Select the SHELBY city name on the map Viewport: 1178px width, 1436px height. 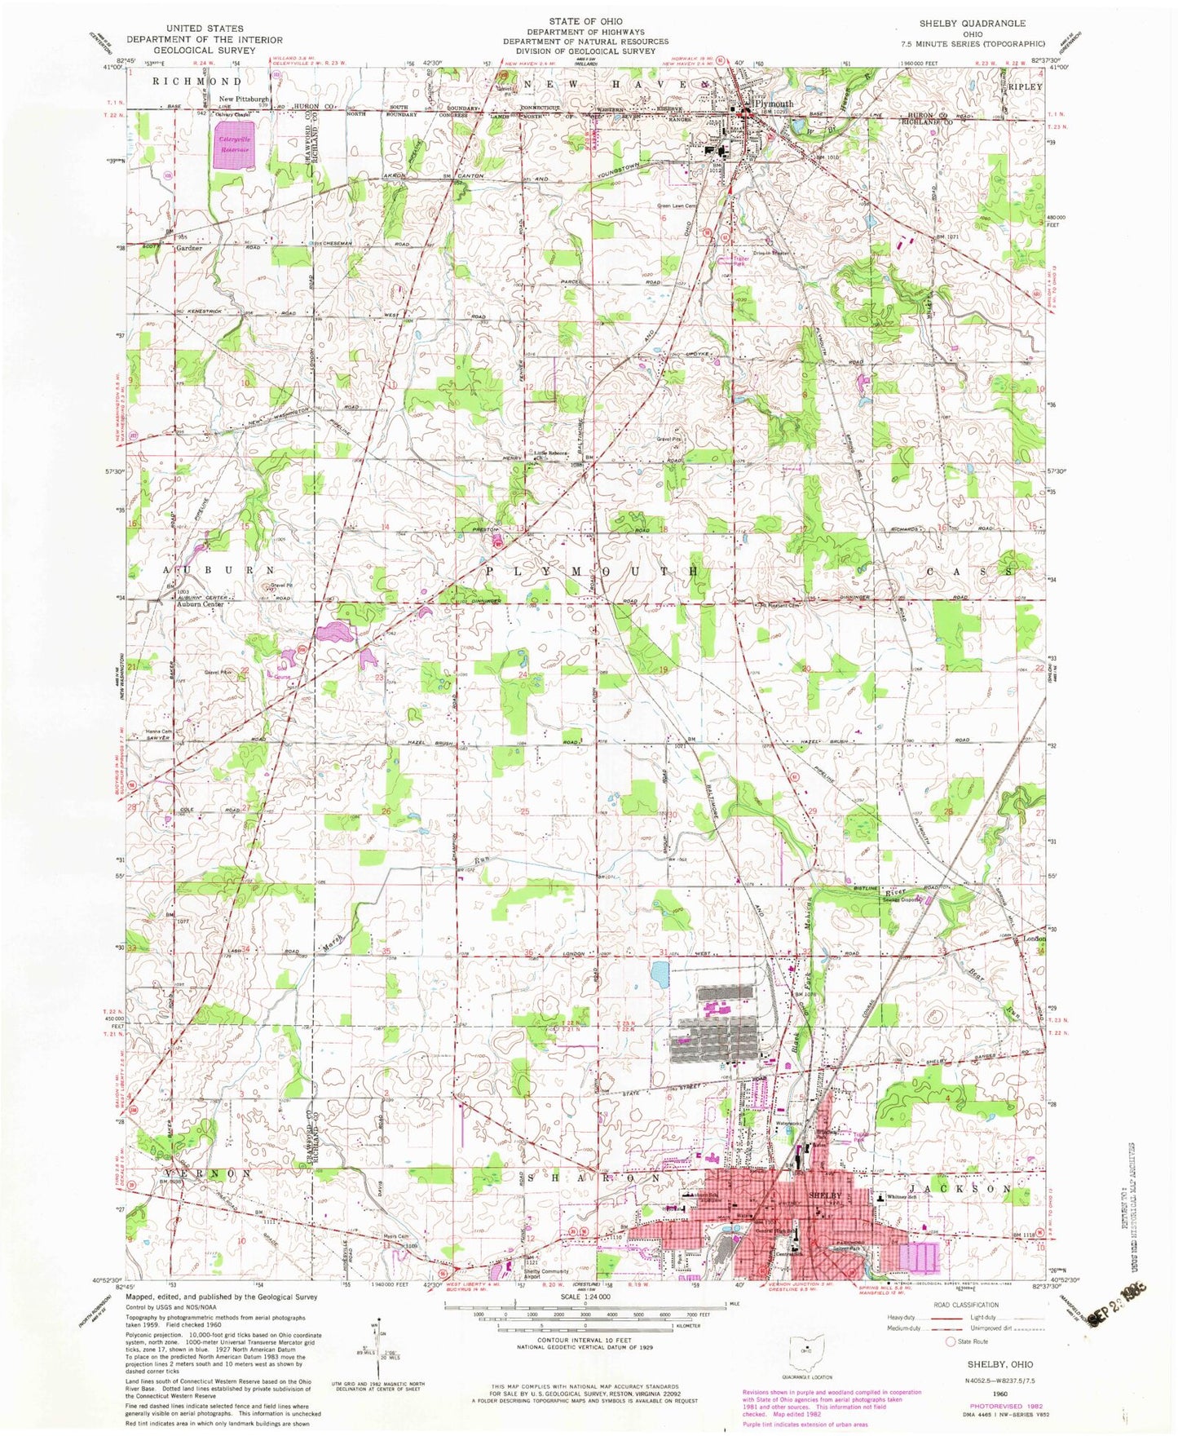(x=823, y=1195)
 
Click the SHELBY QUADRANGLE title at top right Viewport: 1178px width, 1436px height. (x=973, y=24)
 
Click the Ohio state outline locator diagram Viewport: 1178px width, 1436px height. (x=806, y=1349)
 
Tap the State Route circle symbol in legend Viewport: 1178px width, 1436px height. (x=949, y=1341)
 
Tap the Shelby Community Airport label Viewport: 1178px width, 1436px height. (x=545, y=1274)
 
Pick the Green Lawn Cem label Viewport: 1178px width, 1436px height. (x=676, y=206)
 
